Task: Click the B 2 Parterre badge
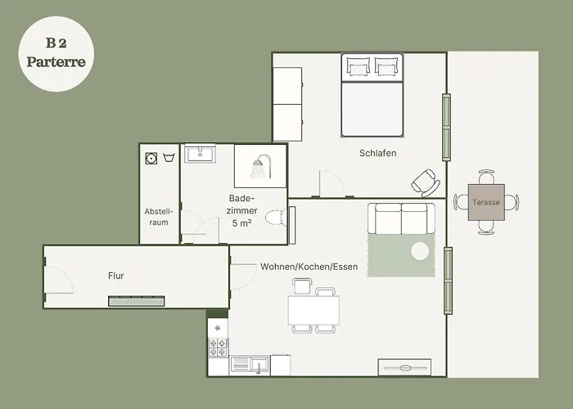point(56,54)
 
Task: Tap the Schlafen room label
point(378,153)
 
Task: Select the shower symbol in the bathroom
point(261,167)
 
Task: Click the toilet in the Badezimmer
point(276,218)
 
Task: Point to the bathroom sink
point(200,154)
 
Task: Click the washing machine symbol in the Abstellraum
point(151,158)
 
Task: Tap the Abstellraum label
point(159,217)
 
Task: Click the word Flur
point(116,276)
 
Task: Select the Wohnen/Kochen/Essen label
point(309,267)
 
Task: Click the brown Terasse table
point(486,202)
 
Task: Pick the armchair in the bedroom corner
point(426,183)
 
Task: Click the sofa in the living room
point(402,218)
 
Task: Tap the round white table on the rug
point(420,251)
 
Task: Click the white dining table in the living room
point(314,310)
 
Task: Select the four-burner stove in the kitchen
point(219,348)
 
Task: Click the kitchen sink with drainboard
point(250,365)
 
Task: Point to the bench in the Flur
point(137,301)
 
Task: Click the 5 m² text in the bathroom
point(241,222)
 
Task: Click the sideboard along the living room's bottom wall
point(404,367)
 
